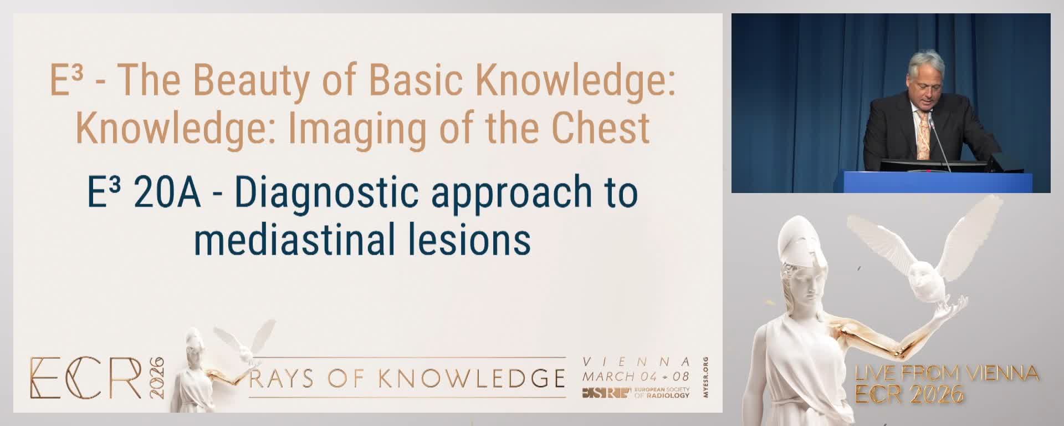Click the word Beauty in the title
(250, 81)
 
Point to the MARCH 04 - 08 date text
(636, 376)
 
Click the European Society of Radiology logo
(636, 393)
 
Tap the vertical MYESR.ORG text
(705, 377)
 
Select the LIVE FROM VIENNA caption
(947, 373)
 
